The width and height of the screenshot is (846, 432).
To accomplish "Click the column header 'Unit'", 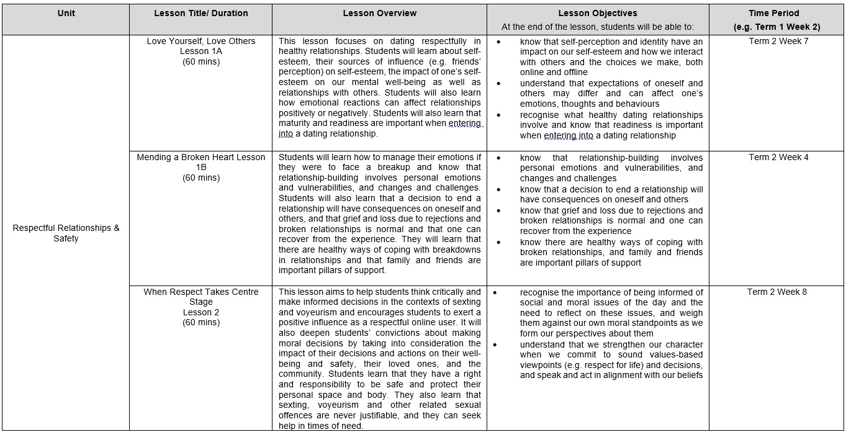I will coord(66,13).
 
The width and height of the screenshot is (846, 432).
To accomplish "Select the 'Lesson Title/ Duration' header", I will coord(200,13).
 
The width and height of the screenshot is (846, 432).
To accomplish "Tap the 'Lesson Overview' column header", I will coord(379,13).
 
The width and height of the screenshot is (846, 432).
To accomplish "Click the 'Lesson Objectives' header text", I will coord(597,13).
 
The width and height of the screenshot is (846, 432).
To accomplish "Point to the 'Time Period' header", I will coord(776,13).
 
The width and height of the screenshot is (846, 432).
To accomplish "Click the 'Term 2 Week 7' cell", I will coord(776,42).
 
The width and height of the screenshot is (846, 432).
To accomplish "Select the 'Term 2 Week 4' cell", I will coord(776,158).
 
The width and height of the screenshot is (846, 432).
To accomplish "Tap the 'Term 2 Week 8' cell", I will coord(776,292).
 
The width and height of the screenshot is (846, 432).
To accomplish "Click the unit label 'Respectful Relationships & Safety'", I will coord(66,233).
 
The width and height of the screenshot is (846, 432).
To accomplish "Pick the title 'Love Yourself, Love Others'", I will coord(200,42).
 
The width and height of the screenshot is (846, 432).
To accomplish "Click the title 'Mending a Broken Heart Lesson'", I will coord(200,158).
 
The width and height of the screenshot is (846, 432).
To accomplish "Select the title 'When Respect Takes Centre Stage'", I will coord(200,297).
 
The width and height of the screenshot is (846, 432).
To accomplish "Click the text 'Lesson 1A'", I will coord(200,52).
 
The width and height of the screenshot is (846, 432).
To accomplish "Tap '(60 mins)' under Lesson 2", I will coord(200,323).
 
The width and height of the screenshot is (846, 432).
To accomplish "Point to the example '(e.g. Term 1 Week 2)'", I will coord(776,27).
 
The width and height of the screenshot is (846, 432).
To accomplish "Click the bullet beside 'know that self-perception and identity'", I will coord(500,42).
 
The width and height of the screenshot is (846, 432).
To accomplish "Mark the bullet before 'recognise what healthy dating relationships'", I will coord(500,115).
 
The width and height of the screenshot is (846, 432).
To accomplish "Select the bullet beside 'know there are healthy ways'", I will coord(500,243).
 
